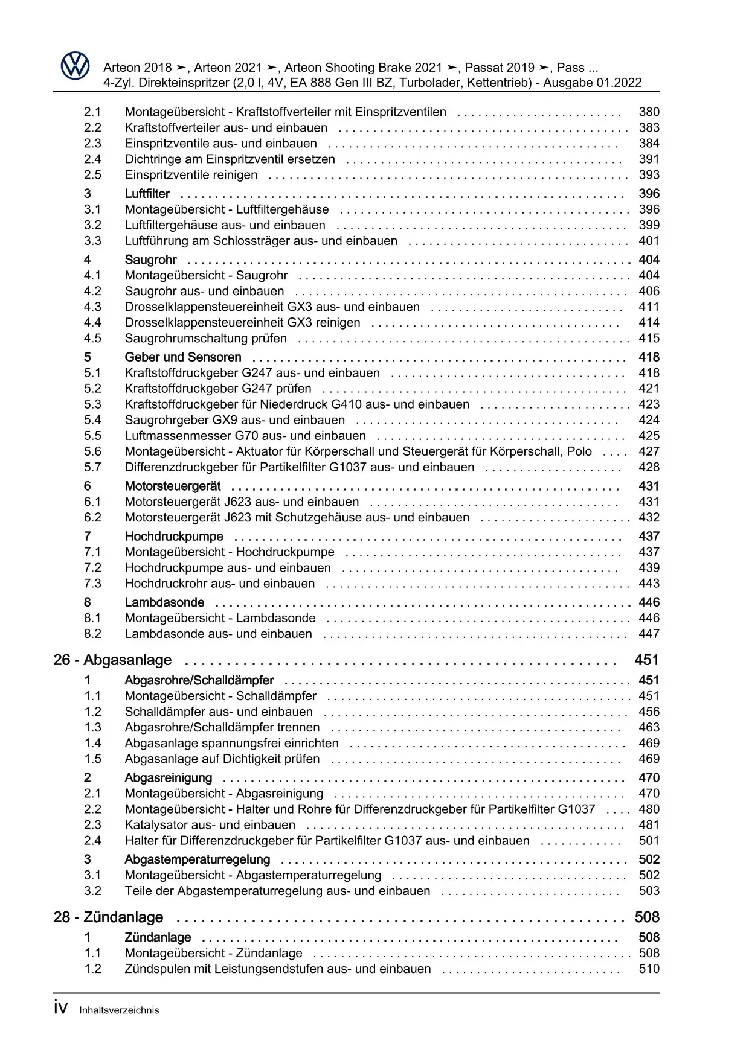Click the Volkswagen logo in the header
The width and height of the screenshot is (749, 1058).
point(76,66)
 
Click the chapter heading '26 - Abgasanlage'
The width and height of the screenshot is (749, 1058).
point(112,660)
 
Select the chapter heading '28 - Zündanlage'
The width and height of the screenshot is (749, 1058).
point(108,917)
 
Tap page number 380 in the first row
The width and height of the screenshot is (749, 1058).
point(649,112)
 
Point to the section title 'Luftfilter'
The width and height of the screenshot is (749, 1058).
point(147,194)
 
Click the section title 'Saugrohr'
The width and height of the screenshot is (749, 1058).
point(151,260)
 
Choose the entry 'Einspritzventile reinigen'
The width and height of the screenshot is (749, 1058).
point(191,175)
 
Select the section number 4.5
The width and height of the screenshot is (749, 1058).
point(92,339)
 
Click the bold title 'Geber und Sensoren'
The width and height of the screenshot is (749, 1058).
point(183,357)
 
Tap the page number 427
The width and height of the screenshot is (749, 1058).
point(649,451)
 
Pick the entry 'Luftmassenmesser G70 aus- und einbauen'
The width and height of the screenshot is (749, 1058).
point(245,436)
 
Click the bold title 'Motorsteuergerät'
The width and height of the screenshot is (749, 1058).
point(173,486)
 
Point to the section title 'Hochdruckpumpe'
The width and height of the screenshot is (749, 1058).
point(174,537)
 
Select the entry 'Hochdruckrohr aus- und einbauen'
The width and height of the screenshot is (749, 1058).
point(220,584)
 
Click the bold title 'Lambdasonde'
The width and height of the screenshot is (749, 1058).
point(164,602)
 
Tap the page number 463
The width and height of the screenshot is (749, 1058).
point(649,728)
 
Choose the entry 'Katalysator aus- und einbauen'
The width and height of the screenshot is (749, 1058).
point(210,825)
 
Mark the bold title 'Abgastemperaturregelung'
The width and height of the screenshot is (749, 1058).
point(198,859)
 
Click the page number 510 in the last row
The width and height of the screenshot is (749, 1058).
point(649,969)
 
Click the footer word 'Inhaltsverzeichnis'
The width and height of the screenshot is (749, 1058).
point(119,1010)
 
